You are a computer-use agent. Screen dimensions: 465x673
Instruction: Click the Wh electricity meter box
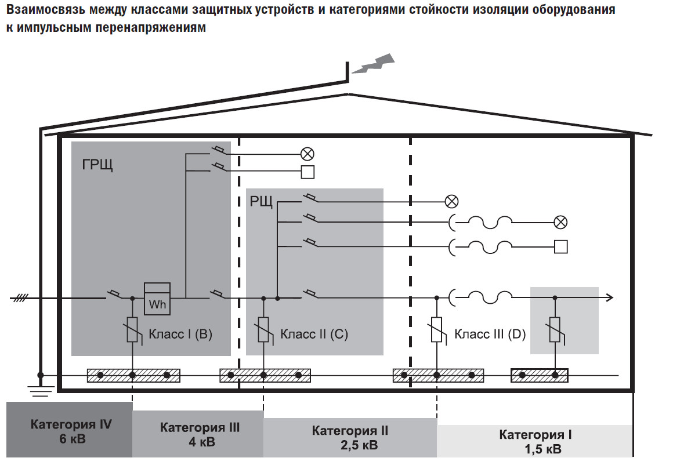157,299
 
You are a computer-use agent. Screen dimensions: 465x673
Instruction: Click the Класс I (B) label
180,334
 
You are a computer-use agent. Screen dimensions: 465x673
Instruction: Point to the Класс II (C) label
314,334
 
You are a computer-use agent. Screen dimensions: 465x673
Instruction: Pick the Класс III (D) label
490,334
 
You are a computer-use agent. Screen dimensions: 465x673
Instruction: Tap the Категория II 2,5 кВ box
350,438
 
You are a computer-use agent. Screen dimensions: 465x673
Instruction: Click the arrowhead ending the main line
609,298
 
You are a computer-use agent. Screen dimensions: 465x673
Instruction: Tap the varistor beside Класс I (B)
133,330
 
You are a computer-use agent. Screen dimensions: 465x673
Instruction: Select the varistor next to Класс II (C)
264,330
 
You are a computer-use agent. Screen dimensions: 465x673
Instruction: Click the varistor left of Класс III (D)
436,330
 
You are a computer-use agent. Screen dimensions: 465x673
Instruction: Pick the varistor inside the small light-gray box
555,330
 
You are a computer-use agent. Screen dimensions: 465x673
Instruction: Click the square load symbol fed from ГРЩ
307,172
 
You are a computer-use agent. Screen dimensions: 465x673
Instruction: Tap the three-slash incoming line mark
21,298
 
